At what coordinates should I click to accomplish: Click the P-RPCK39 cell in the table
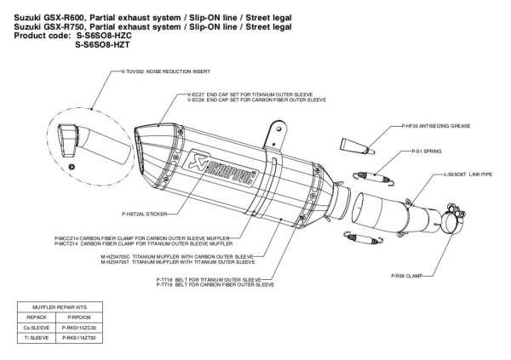[x=77, y=314]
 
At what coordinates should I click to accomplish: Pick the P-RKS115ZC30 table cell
[x=77, y=325]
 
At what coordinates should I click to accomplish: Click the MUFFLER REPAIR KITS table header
[x=59, y=304]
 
